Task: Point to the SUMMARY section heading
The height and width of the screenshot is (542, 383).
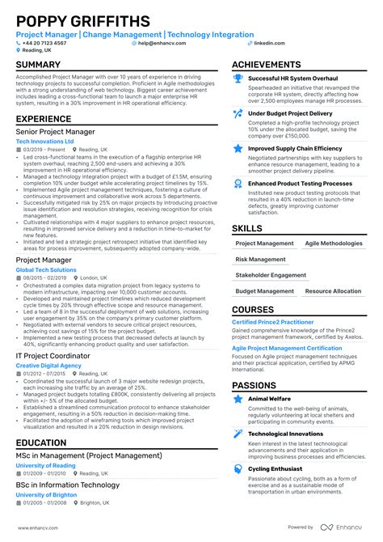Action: pyautogui.click(x=38, y=65)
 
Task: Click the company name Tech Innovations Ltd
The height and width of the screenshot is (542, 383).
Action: pyautogui.click(x=44, y=141)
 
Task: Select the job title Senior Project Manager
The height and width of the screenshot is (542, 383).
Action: pyautogui.click(x=56, y=131)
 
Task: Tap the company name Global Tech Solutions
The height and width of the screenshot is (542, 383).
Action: pyautogui.click(x=47, y=269)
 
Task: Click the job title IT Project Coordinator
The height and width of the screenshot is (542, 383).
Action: pyautogui.click(x=54, y=355)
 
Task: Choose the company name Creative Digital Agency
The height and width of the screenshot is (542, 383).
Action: pyautogui.click(x=48, y=365)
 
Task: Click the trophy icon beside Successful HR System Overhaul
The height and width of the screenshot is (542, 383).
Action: pyautogui.click(x=238, y=78)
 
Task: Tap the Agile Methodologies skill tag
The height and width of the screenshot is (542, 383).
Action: pyautogui.click(x=335, y=243)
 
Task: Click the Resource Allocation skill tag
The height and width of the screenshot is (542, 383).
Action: pyautogui.click(x=333, y=291)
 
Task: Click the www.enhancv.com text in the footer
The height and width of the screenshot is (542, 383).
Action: pyautogui.click(x=38, y=527)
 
